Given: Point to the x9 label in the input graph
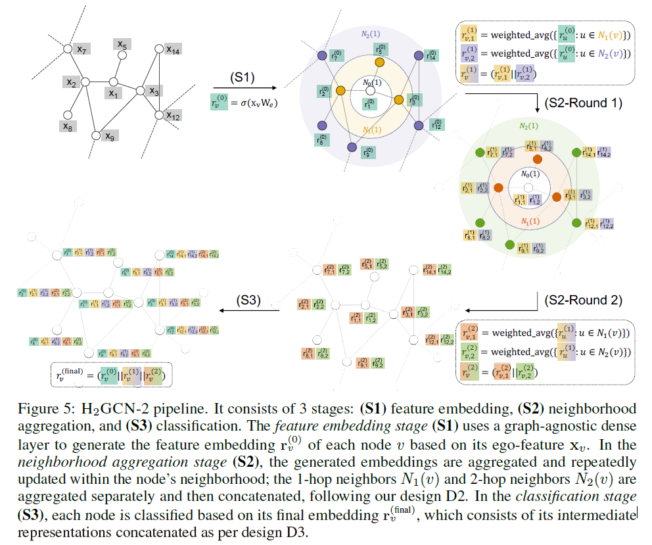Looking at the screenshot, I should tap(111, 137).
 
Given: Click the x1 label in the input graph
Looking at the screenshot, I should tap(114, 94).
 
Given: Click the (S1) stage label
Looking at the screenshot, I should tap(241, 77).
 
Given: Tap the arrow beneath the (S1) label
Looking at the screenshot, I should tap(244, 88).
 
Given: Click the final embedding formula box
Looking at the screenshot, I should tap(110, 375).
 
